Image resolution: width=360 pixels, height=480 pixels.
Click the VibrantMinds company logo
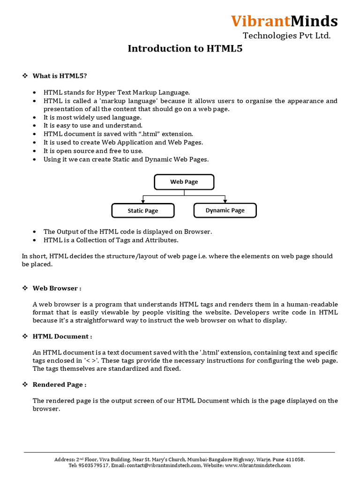coord(284,21)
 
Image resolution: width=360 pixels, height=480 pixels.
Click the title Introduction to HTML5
coord(185,48)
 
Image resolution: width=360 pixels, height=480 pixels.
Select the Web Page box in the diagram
coord(184,182)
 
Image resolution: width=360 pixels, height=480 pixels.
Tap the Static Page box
coord(143,211)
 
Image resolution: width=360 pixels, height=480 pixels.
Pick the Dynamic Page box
coord(225,210)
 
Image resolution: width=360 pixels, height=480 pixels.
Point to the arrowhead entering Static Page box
coord(143,202)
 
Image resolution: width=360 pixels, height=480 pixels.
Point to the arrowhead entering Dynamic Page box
coord(225,202)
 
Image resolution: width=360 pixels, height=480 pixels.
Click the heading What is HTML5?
coord(60,75)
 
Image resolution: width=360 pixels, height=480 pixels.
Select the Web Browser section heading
coord(57,288)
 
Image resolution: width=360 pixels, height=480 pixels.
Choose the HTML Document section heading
coord(62,336)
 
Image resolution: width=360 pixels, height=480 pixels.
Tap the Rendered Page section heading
coord(60,384)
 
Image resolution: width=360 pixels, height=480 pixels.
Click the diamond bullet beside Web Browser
coord(25,288)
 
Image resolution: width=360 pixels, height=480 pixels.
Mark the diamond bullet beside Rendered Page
coord(25,384)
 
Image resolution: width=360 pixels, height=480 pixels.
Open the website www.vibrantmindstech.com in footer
coord(258,465)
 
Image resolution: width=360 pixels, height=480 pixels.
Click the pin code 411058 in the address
coord(295,459)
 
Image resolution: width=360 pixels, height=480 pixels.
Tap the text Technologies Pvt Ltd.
coord(286,36)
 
